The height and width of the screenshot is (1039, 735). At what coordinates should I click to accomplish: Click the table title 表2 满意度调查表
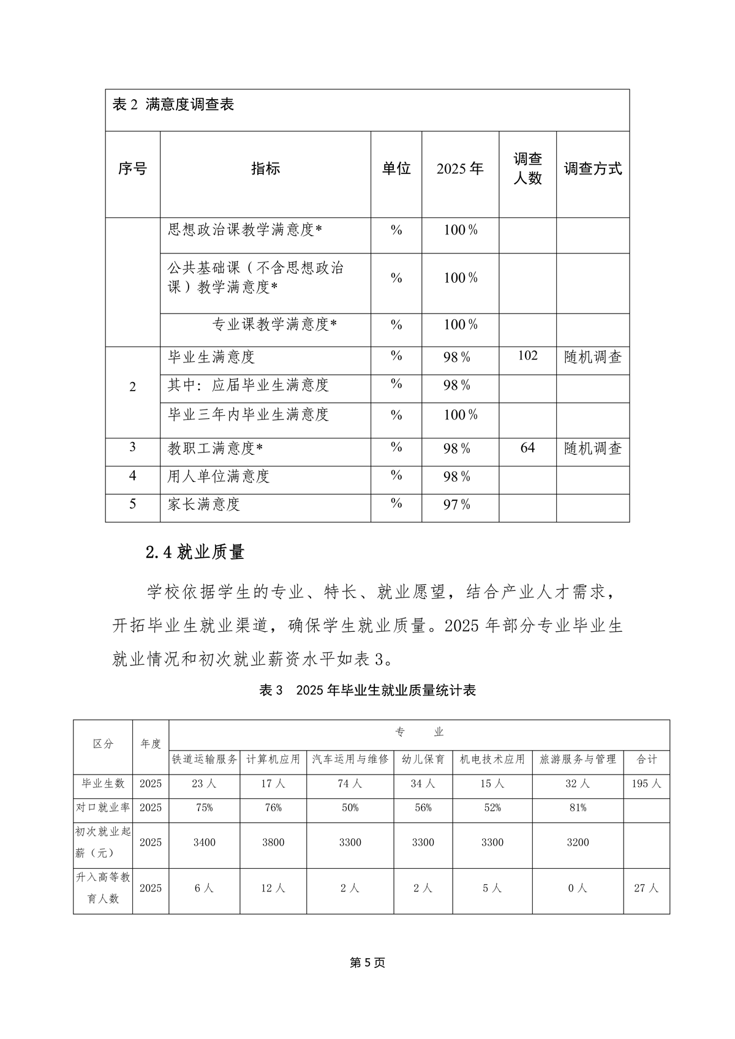[173, 104]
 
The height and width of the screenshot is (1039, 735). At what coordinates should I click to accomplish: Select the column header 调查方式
[592, 169]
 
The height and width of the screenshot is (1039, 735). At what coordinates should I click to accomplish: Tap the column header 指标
[265, 169]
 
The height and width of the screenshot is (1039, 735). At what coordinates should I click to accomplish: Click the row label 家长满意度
[203, 504]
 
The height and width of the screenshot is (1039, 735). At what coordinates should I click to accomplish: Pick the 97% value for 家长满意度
[457, 504]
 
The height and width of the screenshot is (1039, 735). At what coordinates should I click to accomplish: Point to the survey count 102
[527, 356]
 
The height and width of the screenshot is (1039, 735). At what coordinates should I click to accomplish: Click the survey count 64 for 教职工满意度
[527, 448]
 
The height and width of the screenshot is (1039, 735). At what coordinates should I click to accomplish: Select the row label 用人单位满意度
[219, 476]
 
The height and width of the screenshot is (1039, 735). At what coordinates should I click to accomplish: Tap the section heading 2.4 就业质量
[195, 552]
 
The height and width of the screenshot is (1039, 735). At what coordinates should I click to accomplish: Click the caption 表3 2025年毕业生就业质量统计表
[367, 690]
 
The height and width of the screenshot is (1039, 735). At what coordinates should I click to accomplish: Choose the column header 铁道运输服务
[205, 759]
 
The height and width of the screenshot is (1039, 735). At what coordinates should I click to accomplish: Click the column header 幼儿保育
[423, 759]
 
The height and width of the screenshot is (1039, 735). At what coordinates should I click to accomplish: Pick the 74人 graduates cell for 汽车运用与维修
[350, 784]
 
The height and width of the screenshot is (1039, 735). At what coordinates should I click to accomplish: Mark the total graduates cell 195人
[646, 784]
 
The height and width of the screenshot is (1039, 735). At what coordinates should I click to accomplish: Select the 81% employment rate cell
[578, 808]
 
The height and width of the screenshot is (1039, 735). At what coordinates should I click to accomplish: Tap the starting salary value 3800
[273, 842]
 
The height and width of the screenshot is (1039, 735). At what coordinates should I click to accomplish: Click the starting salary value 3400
[205, 842]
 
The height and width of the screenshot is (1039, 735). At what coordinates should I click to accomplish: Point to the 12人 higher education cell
[273, 888]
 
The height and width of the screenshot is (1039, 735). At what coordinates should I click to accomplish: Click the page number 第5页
[367, 962]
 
